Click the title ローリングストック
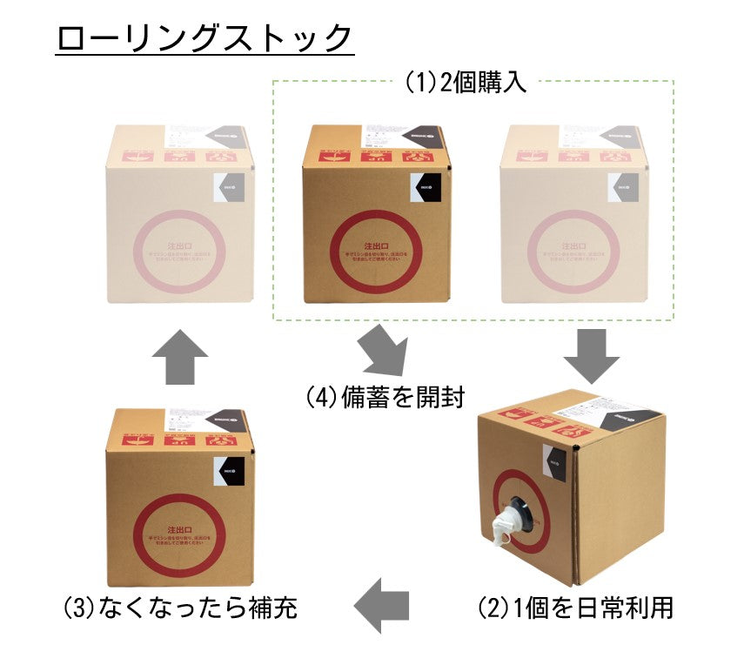pyautogui.click(x=204, y=38)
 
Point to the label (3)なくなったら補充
pyautogui.click(x=180, y=607)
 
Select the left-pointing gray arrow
pyautogui.click(x=383, y=604)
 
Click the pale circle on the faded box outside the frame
pyautogui.click(x=181, y=251)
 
